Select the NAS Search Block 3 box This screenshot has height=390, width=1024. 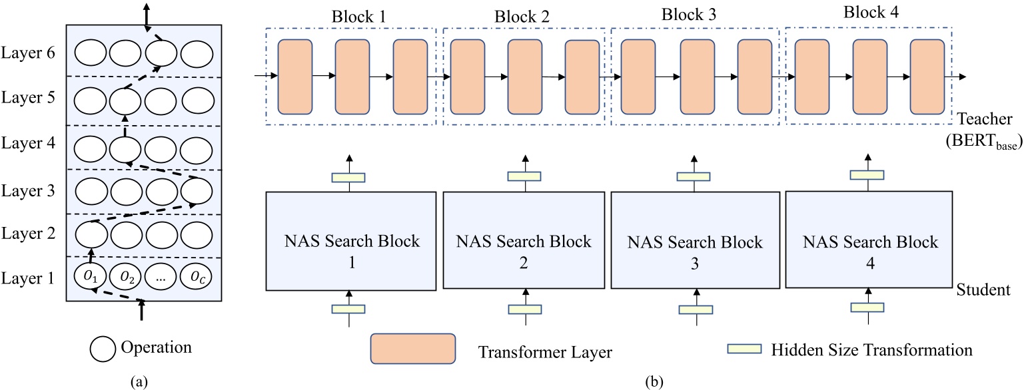pos(696,240)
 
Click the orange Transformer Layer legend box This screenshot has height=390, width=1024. pos(413,348)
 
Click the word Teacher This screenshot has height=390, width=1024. pos(987,120)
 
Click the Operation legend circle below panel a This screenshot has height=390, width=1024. pos(103,347)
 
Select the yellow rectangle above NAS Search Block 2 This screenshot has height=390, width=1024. pos(524,176)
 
